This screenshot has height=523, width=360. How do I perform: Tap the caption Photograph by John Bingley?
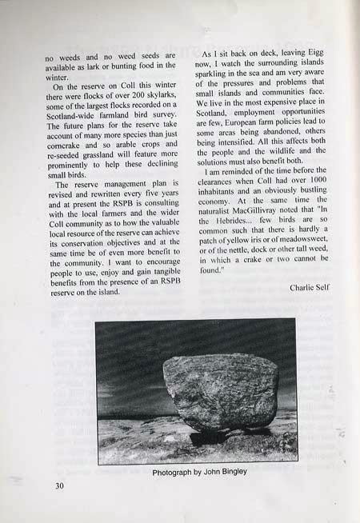tap(199, 471)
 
